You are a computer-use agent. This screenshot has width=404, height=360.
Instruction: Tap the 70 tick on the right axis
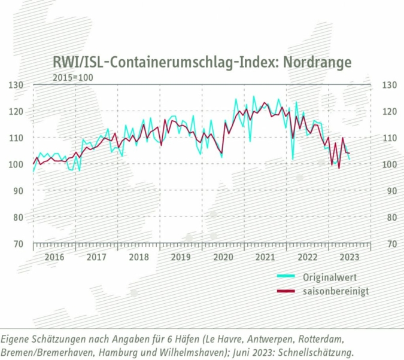point(389,244)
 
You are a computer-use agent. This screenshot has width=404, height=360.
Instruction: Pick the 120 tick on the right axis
point(389,112)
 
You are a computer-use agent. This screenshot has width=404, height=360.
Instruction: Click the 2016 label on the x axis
point(54,257)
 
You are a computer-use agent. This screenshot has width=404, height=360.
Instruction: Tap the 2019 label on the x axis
point(180,257)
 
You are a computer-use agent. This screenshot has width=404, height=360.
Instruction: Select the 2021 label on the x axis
point(265,257)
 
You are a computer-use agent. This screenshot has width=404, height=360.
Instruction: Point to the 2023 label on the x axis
point(348,257)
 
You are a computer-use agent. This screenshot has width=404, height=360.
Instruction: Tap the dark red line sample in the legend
point(287,291)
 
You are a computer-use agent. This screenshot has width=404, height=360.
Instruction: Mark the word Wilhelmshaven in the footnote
point(191,352)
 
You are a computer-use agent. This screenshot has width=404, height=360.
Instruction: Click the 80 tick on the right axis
point(389,218)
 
